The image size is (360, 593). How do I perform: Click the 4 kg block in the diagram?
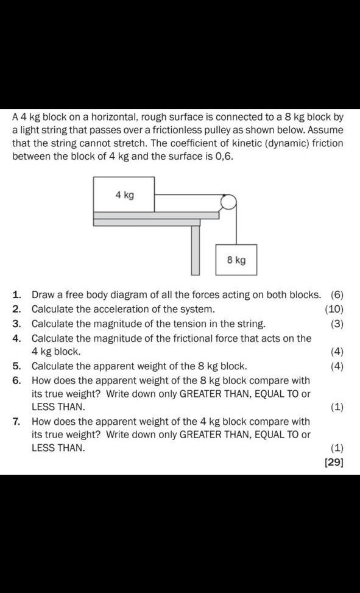(x=124, y=194)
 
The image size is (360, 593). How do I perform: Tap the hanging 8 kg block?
(x=236, y=260)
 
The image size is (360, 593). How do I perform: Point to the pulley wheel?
(x=228, y=202)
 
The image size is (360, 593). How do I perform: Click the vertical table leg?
(x=195, y=250)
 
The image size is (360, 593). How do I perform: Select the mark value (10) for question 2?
(x=334, y=309)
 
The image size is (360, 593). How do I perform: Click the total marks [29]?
(x=334, y=462)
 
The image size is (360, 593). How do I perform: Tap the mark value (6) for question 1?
(x=337, y=295)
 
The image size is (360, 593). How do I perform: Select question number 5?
(x=17, y=366)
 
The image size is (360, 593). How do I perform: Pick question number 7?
(x=17, y=421)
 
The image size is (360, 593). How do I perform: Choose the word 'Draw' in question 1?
(x=43, y=295)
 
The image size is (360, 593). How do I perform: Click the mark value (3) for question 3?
(x=337, y=324)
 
